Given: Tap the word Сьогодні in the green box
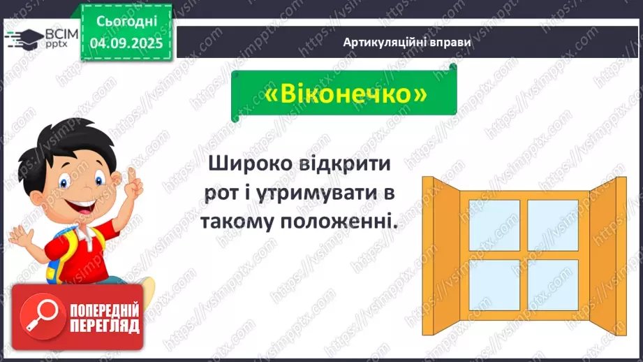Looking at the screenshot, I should [126, 20].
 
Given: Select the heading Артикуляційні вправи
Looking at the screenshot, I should [407, 42].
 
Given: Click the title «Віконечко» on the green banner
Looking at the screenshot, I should [345, 95].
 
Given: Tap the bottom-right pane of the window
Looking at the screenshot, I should [553, 284].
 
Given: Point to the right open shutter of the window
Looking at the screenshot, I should [608, 245].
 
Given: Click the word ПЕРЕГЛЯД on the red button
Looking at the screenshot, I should [104, 326].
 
